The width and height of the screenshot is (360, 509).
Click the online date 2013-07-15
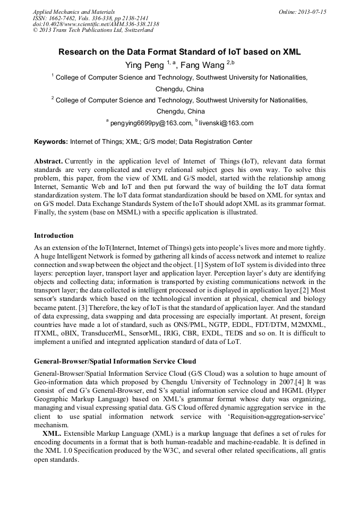(x=310, y=12)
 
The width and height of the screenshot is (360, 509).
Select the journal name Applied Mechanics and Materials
(x=74, y=12)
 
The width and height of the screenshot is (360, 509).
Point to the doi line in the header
(x=96, y=24)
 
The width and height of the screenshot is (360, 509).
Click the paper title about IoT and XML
(x=179, y=52)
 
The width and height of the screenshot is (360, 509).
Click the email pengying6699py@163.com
(x=151, y=123)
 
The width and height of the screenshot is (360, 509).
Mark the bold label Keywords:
(x=51, y=142)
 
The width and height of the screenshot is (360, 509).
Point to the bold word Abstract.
(x=48, y=161)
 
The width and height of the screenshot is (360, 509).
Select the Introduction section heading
(x=54, y=236)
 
